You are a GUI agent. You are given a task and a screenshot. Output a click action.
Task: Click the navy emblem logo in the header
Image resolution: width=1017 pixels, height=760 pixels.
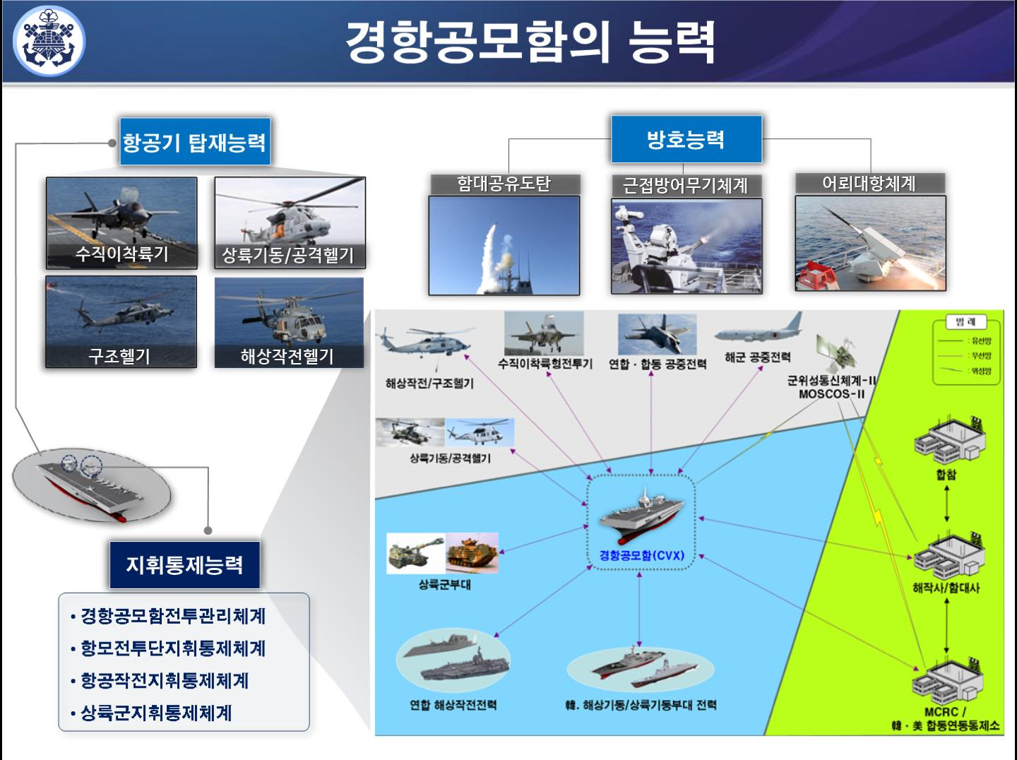click(49, 41)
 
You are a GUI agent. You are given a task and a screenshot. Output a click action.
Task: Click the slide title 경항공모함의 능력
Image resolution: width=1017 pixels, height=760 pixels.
click(530, 42)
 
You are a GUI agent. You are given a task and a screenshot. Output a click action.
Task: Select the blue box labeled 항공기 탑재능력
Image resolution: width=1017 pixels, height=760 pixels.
click(194, 142)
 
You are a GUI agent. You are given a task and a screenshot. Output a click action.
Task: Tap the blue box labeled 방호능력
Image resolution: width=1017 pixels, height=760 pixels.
click(686, 139)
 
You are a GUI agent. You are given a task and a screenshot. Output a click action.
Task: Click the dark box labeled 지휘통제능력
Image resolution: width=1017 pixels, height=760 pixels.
click(184, 565)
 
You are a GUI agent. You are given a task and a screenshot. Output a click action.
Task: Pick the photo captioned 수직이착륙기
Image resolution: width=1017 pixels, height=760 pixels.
click(121, 222)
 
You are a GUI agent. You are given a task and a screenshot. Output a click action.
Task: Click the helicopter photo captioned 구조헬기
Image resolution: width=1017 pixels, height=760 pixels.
click(121, 321)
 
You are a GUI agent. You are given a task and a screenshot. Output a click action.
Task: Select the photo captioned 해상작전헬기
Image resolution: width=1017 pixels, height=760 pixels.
click(289, 322)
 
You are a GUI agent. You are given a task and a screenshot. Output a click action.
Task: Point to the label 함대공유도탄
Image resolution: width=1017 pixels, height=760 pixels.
click(504, 184)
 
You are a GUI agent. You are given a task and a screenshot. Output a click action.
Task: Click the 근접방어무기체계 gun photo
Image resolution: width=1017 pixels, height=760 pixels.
click(686, 245)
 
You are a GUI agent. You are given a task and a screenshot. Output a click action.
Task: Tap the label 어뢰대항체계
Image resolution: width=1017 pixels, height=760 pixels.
click(869, 184)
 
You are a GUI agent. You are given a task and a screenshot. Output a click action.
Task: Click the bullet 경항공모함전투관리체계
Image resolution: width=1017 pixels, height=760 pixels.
click(173, 616)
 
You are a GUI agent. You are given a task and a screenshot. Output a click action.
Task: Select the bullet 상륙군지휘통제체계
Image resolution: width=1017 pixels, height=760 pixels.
click(156, 713)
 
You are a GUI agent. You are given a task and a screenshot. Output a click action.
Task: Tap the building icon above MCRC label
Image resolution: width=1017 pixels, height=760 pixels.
click(946, 681)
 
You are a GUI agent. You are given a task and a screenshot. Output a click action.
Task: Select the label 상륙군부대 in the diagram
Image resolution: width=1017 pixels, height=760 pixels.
click(444, 585)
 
